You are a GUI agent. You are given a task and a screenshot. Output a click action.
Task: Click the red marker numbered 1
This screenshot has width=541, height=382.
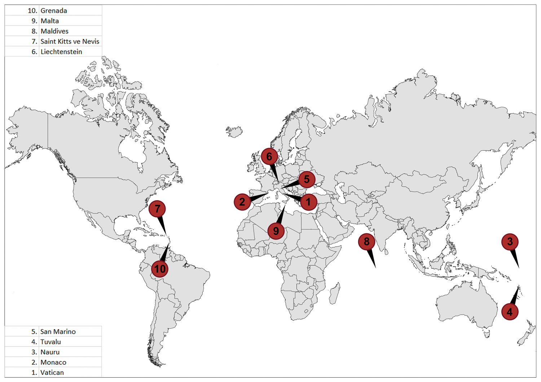point(308,202)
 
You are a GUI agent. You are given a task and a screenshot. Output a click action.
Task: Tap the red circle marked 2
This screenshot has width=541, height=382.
point(242,202)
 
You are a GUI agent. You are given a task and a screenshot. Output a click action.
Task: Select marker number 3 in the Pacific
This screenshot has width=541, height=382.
point(510,242)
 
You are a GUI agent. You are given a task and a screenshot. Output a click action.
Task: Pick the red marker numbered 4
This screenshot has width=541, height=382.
point(510,312)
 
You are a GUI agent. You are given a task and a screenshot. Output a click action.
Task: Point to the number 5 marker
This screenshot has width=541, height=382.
point(307,179)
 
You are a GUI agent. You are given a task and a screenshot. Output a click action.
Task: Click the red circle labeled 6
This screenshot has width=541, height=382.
point(269,157)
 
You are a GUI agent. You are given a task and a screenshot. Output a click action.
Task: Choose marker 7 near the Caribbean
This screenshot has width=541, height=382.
point(157,209)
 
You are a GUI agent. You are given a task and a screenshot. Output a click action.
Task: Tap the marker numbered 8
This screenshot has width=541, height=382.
point(366,242)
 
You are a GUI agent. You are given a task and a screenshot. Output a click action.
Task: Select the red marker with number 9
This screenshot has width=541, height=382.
point(276,231)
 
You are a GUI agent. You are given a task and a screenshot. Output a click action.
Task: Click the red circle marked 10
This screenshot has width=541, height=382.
point(160,269)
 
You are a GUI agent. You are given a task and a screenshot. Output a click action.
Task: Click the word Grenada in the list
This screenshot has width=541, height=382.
point(54,10)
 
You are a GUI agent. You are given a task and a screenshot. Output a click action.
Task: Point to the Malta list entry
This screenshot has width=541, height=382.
point(50,21)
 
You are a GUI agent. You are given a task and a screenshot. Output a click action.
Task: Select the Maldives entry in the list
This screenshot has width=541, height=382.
point(54,31)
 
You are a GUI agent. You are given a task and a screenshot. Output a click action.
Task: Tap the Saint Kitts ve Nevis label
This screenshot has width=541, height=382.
point(70,41)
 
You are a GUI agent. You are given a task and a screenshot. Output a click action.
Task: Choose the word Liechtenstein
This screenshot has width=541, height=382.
point(61,52)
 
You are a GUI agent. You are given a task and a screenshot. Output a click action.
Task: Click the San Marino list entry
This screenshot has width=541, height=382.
point(58,331)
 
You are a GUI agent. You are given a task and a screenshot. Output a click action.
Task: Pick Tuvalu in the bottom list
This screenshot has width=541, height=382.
point(50,342)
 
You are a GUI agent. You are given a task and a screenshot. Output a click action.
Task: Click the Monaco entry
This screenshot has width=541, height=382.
point(53,362)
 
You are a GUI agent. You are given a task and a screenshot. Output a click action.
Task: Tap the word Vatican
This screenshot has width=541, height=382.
point(52,373)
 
